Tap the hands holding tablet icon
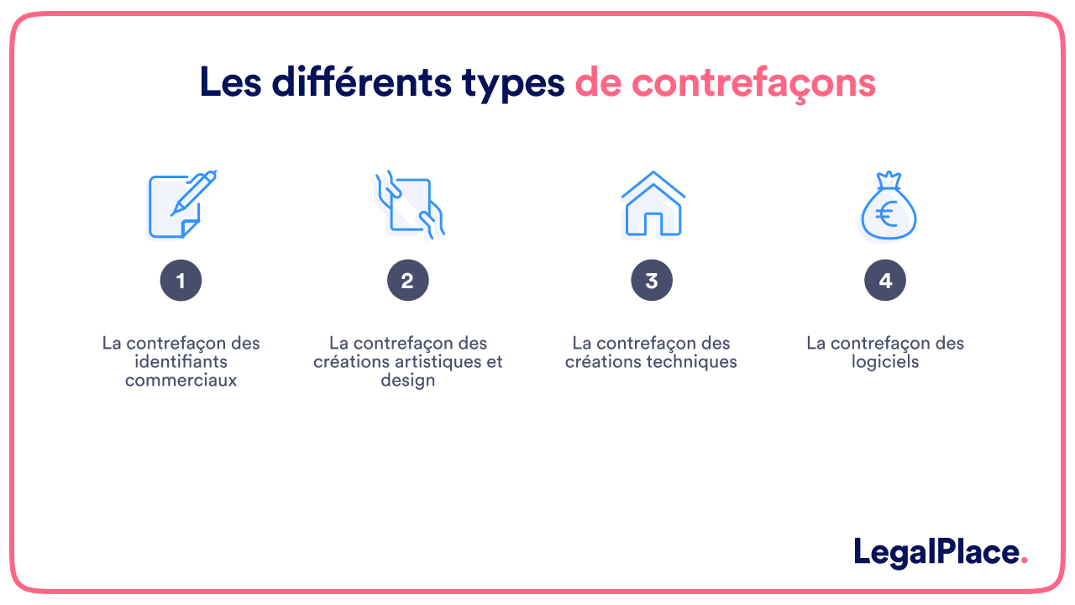(x=409, y=204)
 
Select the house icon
(x=653, y=204)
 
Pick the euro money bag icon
(x=887, y=206)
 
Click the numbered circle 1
(x=181, y=281)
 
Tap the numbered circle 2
(x=408, y=281)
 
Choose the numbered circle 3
(x=652, y=281)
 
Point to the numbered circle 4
(x=885, y=281)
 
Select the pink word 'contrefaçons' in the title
(x=753, y=83)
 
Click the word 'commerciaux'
(x=181, y=380)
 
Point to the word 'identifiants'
(x=181, y=361)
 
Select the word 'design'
(x=408, y=381)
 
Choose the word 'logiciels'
(x=885, y=362)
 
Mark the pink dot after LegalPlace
(x=1024, y=561)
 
